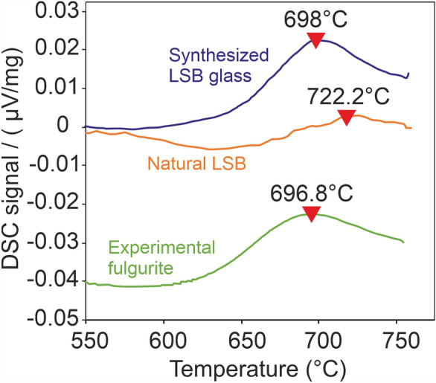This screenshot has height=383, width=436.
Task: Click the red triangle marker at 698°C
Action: (x=316, y=40)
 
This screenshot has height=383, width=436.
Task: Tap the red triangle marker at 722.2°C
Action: (x=346, y=117)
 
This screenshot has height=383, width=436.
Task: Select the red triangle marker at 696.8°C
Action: (x=311, y=214)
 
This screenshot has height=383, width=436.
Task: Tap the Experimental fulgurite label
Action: (x=153, y=256)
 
